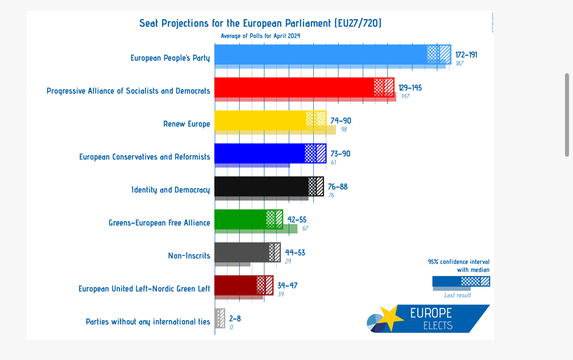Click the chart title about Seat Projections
[x=260, y=23]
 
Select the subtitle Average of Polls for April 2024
[x=260, y=36]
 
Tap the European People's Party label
[x=170, y=58]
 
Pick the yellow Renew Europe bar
[x=260, y=120]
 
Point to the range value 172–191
[x=466, y=55]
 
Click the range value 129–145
[x=410, y=88]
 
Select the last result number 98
[x=344, y=129]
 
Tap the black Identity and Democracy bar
[x=261, y=186]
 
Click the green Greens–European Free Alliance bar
[x=240, y=219]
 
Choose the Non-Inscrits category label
[x=189, y=256]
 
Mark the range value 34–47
[x=287, y=285]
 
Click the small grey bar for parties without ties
[x=220, y=318]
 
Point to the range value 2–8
[x=235, y=318]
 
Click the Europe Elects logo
[x=428, y=318]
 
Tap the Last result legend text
[x=458, y=295]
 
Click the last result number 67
[x=305, y=228]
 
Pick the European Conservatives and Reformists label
[x=144, y=157]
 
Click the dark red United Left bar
[x=235, y=285]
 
